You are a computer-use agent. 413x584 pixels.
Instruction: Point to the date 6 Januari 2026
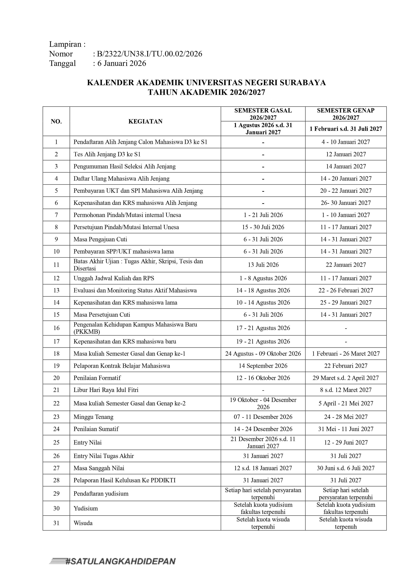point(122,63)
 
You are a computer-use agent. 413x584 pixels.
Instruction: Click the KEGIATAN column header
point(145,121)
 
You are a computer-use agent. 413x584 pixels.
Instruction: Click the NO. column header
point(56,121)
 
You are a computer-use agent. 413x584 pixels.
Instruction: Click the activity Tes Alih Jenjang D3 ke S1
point(107,154)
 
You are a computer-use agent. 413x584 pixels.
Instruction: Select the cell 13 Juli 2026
point(263,265)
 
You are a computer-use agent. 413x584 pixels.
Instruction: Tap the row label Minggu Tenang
point(93,417)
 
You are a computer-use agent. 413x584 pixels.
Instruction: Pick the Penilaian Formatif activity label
point(97,378)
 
